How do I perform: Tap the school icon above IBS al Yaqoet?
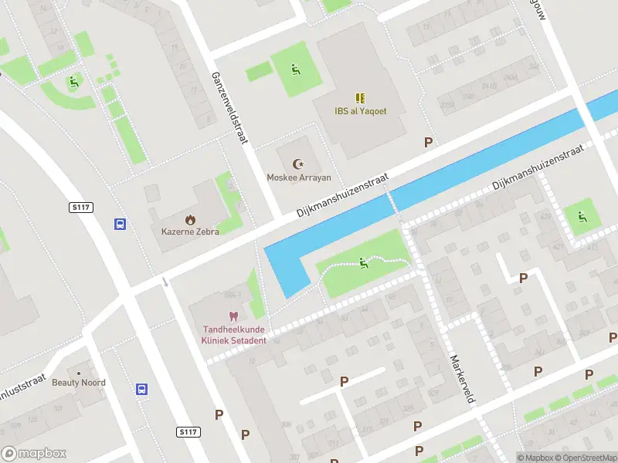click(x=359, y=97)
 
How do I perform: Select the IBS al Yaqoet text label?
click(x=360, y=111)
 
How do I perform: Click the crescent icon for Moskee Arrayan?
click(x=298, y=164)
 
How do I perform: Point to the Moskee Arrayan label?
click(x=298, y=177)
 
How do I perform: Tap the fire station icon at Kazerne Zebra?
click(x=190, y=218)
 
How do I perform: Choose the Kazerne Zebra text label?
click(x=190, y=231)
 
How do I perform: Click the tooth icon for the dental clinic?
click(x=233, y=316)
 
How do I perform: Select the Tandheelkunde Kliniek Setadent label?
click(x=233, y=335)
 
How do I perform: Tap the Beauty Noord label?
click(x=79, y=383)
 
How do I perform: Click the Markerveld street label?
click(x=461, y=378)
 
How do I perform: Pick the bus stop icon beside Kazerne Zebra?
click(x=121, y=224)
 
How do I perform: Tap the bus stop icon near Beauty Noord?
click(x=142, y=390)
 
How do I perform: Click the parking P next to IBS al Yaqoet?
click(x=428, y=142)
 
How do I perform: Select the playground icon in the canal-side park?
click(x=363, y=264)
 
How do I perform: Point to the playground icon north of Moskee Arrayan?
click(x=295, y=70)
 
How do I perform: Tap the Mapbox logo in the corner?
click(x=34, y=454)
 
